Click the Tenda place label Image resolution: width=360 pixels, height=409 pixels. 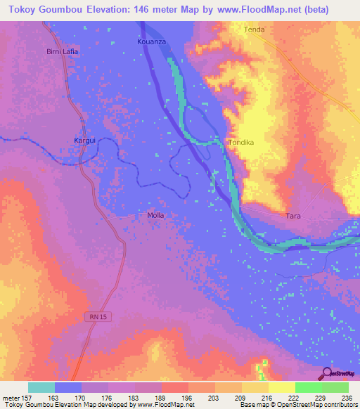point(253,30)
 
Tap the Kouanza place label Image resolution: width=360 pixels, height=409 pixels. point(150,42)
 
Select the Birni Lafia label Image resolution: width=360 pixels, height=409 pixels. point(62,52)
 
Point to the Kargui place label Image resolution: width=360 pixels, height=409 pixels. point(85,141)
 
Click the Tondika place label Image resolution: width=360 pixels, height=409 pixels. point(240,143)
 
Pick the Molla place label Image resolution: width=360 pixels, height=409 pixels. point(156,215)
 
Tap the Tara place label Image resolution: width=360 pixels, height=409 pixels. point(293,216)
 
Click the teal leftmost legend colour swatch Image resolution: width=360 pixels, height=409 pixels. point(41,387)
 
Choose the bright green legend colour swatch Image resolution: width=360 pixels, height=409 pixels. point(308,387)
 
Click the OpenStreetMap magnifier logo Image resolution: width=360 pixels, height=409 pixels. point(325,373)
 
